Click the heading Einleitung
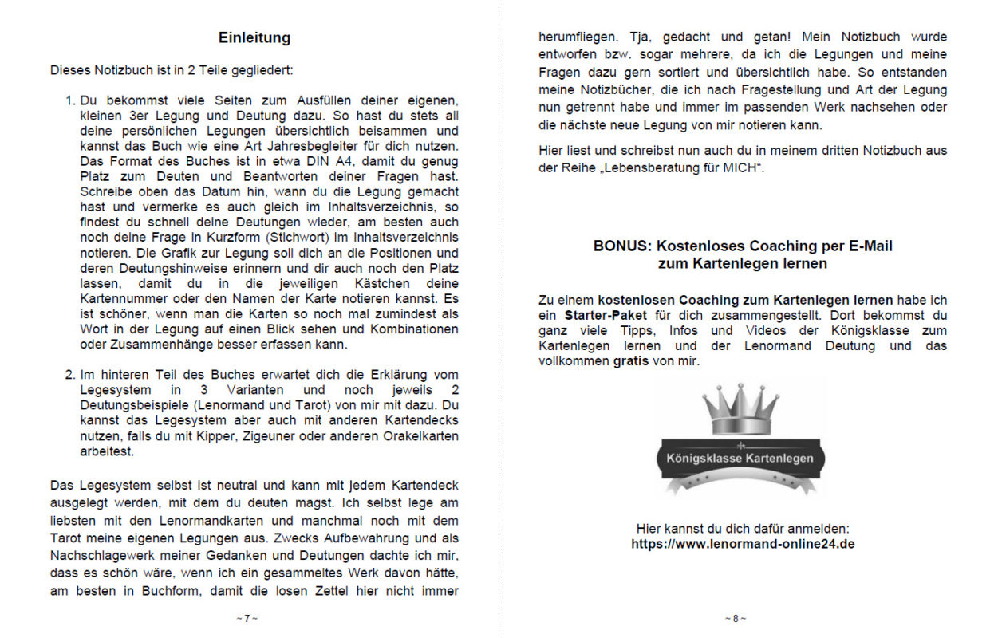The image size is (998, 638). coord(254,37)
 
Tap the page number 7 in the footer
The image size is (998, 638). coord(247,618)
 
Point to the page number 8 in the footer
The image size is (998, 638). coord(736,618)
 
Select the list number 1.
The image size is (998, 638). coord(69,101)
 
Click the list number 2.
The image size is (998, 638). coord(69,375)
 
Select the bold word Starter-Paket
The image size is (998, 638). coord(587,315)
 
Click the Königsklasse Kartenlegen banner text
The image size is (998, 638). coord(740,458)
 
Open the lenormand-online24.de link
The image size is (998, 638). coord(743,545)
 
